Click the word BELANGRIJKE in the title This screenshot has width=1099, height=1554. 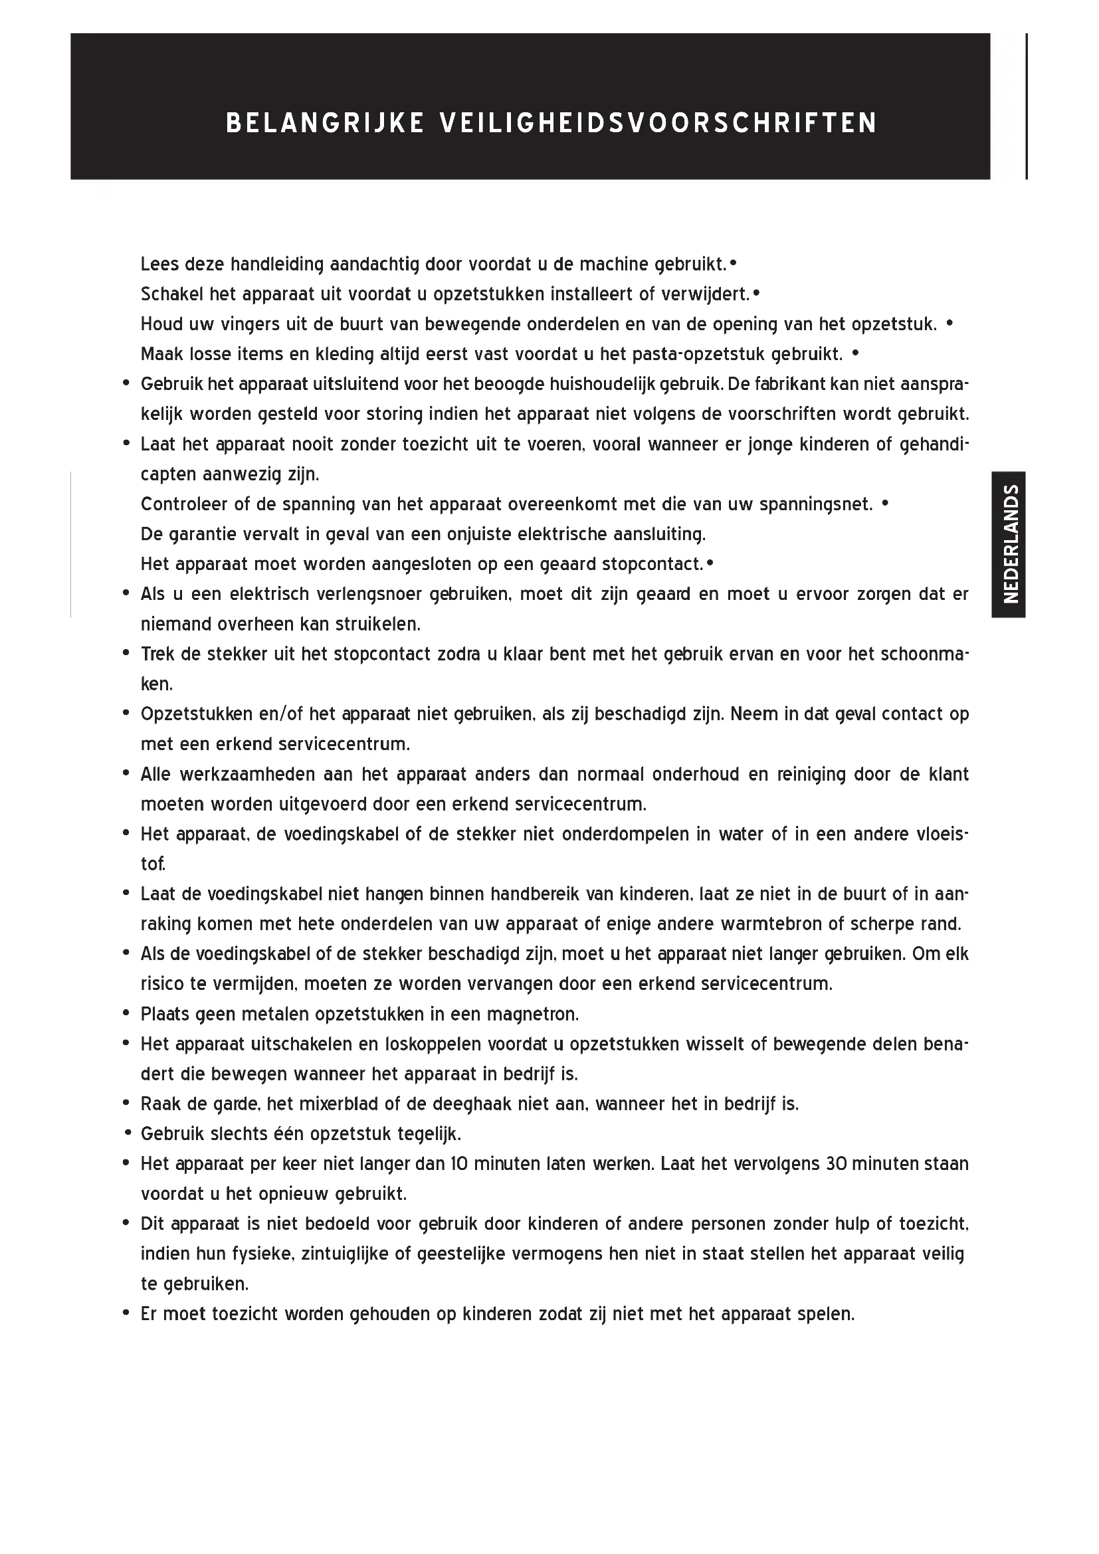point(324,123)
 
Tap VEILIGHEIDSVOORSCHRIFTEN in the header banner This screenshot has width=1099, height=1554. point(658,123)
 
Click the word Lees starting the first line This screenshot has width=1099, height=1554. point(159,263)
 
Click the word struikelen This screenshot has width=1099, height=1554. point(375,624)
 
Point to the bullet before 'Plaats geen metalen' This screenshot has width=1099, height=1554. point(126,1014)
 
